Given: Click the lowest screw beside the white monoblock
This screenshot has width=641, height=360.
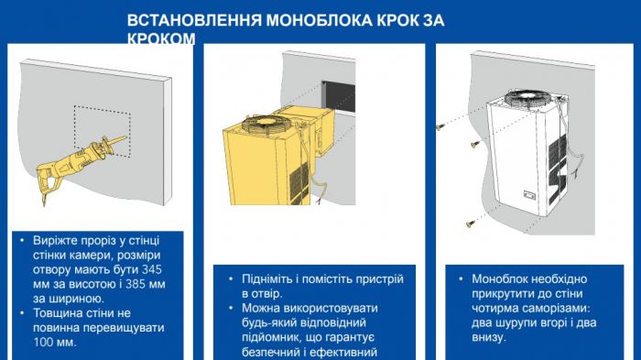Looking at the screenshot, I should [470, 220].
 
